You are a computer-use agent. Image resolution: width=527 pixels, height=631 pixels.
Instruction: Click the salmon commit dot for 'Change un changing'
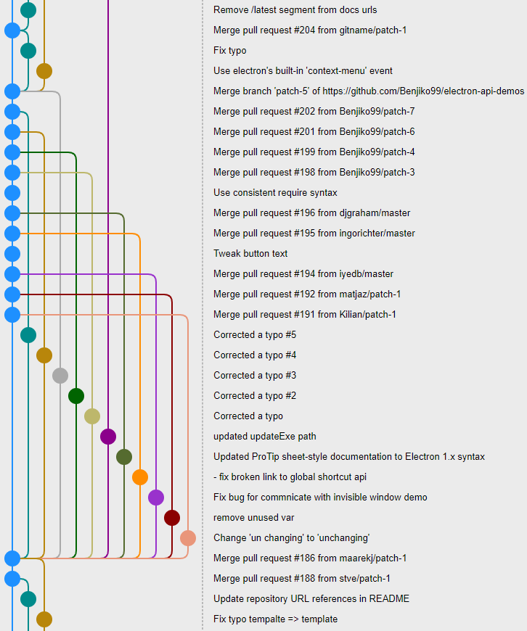(x=188, y=538)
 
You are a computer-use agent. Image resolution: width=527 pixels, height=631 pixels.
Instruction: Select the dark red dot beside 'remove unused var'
(x=172, y=518)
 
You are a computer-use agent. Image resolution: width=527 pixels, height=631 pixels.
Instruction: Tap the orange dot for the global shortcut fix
(x=140, y=477)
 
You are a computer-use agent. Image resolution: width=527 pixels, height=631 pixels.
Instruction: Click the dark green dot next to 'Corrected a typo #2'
(x=76, y=396)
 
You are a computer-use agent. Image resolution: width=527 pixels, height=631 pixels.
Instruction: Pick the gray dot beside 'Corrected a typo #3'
(x=60, y=376)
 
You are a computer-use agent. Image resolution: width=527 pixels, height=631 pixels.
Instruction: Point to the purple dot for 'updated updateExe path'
(x=108, y=437)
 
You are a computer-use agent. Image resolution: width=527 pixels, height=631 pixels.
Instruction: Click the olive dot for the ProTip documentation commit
(x=124, y=457)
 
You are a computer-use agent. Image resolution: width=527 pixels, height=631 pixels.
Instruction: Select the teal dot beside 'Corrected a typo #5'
(x=28, y=335)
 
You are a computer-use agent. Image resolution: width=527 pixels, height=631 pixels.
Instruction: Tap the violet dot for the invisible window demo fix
(x=156, y=498)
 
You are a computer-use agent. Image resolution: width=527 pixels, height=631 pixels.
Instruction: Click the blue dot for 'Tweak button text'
(x=12, y=254)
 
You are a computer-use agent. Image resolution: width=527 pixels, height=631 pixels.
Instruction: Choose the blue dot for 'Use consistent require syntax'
(x=12, y=193)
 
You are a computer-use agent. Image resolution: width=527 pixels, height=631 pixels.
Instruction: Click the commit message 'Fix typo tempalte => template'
(x=275, y=619)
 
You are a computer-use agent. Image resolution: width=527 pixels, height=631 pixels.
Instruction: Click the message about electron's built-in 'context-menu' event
(x=303, y=71)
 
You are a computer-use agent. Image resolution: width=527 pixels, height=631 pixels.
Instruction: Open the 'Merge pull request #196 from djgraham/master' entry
(x=311, y=213)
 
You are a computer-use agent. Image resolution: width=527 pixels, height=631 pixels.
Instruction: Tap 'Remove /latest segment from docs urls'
(x=295, y=10)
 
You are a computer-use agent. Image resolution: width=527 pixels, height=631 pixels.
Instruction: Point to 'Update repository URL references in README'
(x=311, y=599)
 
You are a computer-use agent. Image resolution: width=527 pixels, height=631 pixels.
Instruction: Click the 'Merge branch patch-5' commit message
(x=368, y=91)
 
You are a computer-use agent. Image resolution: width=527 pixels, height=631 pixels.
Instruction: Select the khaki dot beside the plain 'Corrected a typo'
(x=92, y=416)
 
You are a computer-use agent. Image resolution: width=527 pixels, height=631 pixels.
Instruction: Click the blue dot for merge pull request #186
(x=12, y=558)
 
